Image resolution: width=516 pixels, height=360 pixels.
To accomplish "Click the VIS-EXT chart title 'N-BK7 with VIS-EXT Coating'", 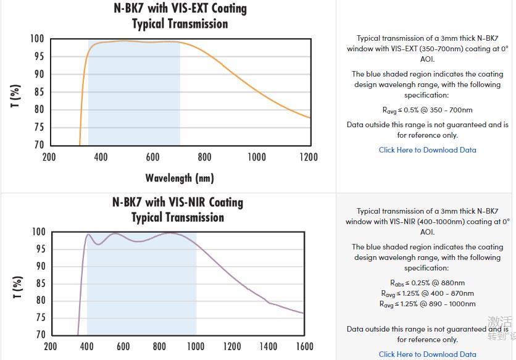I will (180, 9).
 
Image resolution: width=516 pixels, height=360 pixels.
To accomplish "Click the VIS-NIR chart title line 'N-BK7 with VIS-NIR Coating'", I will (178, 202).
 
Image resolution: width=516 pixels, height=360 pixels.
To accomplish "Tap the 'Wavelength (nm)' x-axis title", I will (180, 178).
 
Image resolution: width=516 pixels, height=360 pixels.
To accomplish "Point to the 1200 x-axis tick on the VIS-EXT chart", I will (309, 157).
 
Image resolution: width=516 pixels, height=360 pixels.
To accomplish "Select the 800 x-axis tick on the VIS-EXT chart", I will (205, 157).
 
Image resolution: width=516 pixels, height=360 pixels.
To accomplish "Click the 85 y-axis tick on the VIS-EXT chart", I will (38, 92).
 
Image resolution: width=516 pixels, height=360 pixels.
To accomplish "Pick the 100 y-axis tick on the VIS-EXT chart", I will (36, 39).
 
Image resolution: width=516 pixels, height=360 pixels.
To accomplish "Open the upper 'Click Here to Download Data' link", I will (427, 150).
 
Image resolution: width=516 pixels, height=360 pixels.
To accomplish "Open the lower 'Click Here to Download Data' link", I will (427, 354).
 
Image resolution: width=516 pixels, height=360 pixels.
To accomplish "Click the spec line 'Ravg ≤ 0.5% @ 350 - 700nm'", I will (427, 111).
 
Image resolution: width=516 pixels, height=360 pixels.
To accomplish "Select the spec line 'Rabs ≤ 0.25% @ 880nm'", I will (427, 283).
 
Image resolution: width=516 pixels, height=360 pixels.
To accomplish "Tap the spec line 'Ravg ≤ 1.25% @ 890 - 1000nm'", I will (427, 304).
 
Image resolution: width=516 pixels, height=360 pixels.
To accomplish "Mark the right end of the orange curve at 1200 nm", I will (309, 117).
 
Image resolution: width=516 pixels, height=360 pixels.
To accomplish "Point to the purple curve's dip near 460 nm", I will (98, 245).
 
